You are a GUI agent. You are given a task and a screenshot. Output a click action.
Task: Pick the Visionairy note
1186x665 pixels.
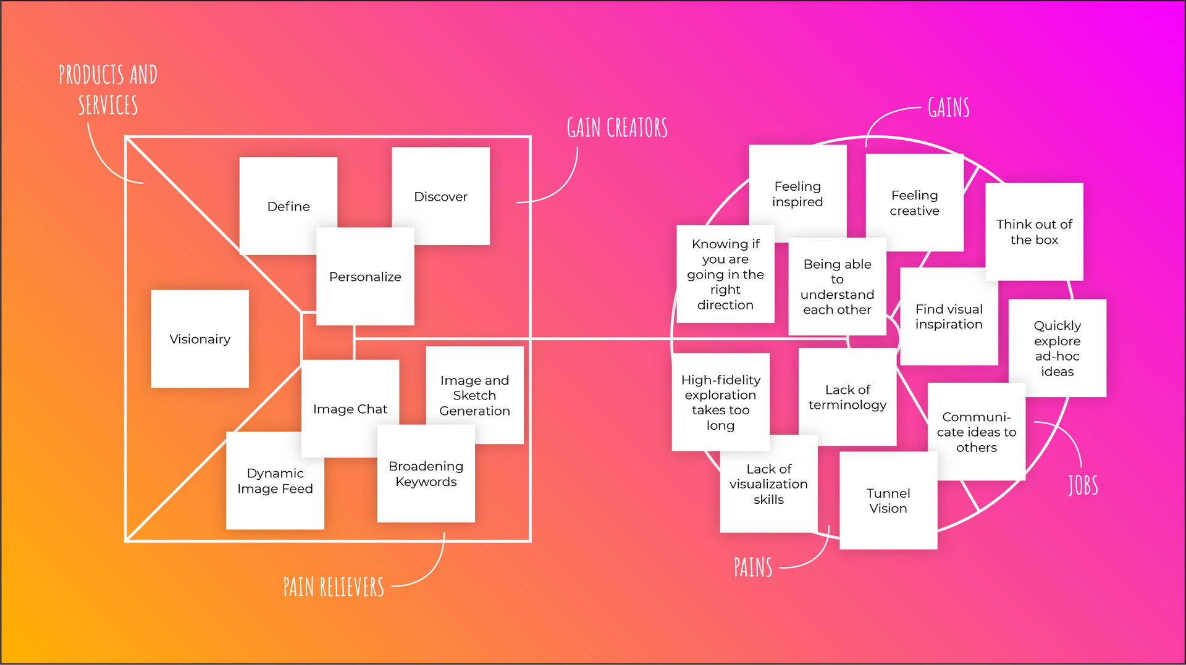tap(200, 339)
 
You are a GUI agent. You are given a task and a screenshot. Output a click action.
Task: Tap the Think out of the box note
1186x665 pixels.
tap(1034, 232)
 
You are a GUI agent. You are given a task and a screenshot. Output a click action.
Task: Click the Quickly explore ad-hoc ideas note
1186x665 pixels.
tap(1058, 348)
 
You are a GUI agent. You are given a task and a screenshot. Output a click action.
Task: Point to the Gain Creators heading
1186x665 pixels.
tap(617, 128)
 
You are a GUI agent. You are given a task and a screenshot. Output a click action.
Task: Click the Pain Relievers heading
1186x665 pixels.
tap(334, 587)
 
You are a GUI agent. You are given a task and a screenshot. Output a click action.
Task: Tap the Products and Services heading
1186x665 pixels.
tap(108, 90)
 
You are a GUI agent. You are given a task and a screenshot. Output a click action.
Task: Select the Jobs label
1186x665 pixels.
tap(1083, 485)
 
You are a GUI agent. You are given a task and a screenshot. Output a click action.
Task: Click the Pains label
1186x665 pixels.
tap(753, 567)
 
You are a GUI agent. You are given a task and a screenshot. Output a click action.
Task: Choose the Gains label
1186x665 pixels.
tap(949, 107)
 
